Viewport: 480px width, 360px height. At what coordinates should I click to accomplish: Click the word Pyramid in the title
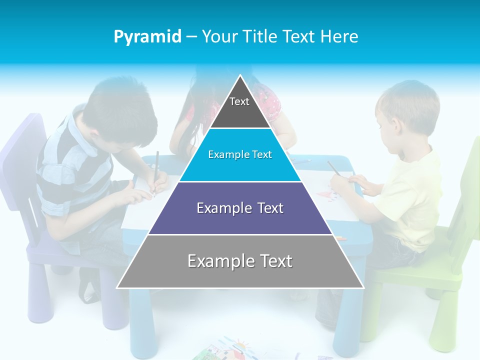[x=147, y=37]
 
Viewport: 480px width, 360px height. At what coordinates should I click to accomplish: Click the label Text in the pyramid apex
[x=239, y=101]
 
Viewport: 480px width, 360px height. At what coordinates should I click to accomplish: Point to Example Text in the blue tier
[x=240, y=154]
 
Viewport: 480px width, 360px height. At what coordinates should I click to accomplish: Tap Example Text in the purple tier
[x=240, y=208]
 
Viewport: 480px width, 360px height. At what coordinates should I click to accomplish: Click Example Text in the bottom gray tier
[x=240, y=261]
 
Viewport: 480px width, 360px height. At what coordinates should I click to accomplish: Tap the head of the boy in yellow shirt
[x=405, y=110]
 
